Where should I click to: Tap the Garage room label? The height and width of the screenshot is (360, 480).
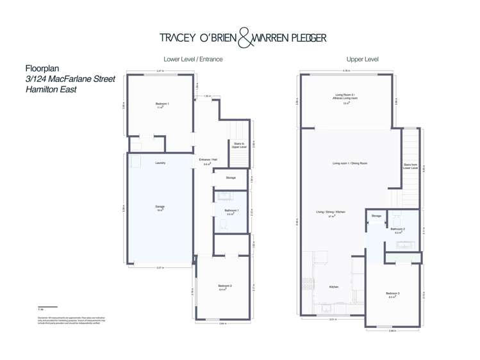[x=160, y=207]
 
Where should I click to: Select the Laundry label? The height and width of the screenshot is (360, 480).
[x=160, y=163]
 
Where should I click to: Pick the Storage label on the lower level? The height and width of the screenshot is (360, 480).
[x=231, y=177]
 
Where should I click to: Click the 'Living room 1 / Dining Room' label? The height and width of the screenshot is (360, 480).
[x=350, y=163]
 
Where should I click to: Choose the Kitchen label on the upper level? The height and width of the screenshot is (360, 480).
[x=334, y=286]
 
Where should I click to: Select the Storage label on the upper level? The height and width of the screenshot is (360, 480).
[x=376, y=216]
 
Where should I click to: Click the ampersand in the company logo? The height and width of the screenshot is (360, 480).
[x=245, y=38]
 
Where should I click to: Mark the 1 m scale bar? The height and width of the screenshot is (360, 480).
[x=47, y=307]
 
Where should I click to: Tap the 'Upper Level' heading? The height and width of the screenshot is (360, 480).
[x=362, y=59]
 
